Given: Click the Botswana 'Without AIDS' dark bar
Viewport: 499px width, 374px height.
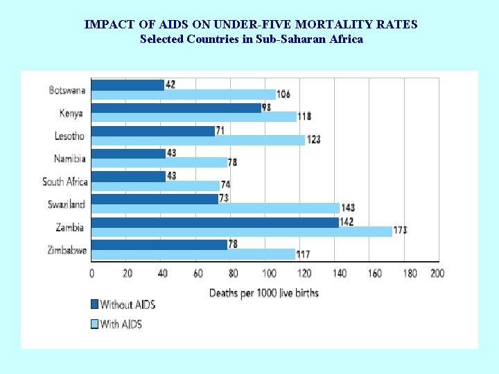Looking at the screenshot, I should click(128, 84).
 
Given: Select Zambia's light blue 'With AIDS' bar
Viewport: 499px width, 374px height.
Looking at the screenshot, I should click(241, 231).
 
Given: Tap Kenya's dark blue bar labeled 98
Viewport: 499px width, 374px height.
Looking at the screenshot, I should click(176, 107).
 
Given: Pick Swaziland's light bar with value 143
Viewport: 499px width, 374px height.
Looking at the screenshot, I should click(215, 208).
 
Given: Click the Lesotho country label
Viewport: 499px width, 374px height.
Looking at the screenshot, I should click(69, 136).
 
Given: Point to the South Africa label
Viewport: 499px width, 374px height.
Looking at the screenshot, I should click(65, 181).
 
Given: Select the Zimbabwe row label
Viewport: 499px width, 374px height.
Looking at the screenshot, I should click(67, 250).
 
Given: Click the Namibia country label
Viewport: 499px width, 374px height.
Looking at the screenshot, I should click(70, 159).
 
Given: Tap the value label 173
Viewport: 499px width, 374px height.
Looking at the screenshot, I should click(400, 231).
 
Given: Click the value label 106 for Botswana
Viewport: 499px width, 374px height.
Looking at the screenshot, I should click(283, 94).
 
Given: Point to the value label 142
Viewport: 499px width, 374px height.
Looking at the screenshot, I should click(347, 222).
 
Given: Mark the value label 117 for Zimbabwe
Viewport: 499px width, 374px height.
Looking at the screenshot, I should click(303, 254).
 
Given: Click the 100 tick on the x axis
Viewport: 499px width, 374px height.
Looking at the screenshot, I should click(269, 274).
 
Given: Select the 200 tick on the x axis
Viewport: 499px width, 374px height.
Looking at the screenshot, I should click(437, 274).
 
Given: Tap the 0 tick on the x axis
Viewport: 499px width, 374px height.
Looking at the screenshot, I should click(92, 274).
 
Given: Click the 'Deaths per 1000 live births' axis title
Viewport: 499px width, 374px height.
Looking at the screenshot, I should click(264, 293).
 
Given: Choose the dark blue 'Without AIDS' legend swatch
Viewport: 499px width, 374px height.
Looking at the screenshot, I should click(95, 304).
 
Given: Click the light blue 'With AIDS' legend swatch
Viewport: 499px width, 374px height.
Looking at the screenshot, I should click(95, 323).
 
